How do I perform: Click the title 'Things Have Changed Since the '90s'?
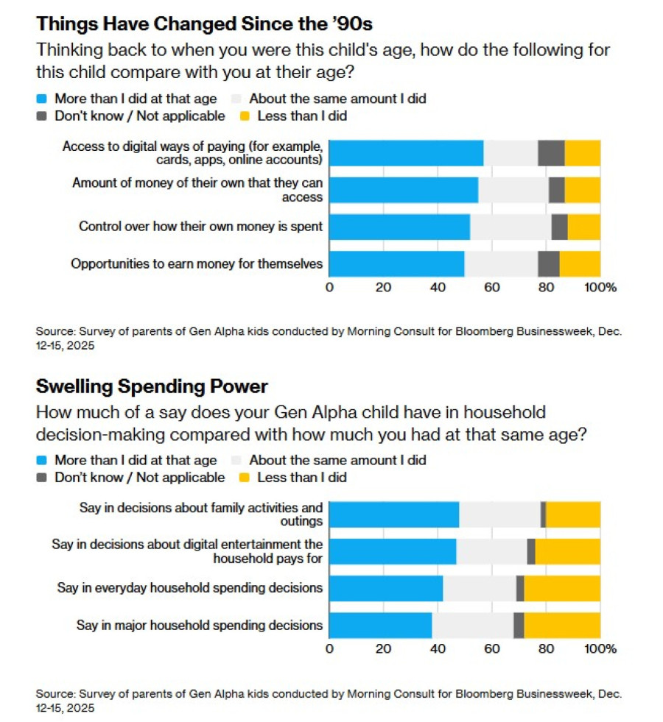pos(204,24)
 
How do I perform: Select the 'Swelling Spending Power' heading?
pos(152,386)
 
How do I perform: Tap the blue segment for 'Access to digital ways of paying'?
pos(406,153)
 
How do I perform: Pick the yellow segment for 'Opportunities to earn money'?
pos(580,263)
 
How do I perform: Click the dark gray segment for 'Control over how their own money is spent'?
pos(559,227)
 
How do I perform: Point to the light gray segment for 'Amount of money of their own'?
pos(513,190)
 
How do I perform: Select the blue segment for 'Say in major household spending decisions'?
pos(380,625)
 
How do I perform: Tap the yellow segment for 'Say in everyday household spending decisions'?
pos(562,588)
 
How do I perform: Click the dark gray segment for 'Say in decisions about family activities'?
pos(543,514)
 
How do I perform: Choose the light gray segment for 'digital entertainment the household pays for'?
pos(491,551)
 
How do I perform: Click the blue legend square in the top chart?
pos(42,98)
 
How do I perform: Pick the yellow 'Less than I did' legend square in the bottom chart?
pos(245,478)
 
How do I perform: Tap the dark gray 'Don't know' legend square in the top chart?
pos(42,116)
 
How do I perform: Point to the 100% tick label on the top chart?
pos(600,287)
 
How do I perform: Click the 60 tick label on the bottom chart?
pos(491,648)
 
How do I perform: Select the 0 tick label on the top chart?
pos(329,287)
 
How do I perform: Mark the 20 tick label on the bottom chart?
pos(383,648)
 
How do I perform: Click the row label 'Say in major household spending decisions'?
pos(200,625)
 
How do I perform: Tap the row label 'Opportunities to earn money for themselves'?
pos(197,263)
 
